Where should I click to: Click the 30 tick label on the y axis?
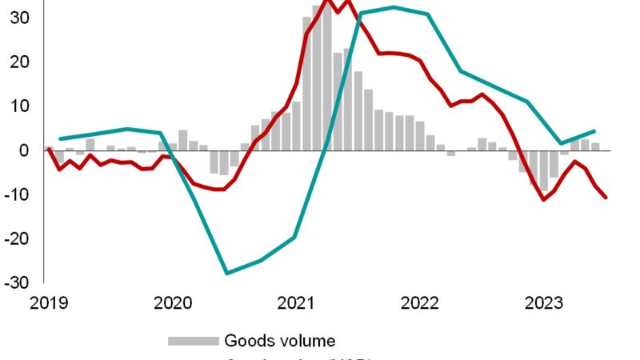[x=18, y=17]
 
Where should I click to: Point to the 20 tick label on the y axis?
[x=18, y=62]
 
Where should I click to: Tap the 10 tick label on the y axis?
[x=18, y=106]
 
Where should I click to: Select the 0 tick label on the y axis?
[x=24, y=150]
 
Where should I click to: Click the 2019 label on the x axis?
[x=47, y=302]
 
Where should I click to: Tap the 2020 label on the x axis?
[x=172, y=302]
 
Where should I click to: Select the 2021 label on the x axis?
[x=296, y=302]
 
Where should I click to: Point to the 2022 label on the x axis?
[x=420, y=302]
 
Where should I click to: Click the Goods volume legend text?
[x=279, y=341]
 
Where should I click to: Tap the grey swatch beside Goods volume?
[x=192, y=341]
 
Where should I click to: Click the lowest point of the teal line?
[x=227, y=274]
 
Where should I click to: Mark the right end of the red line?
[x=606, y=197]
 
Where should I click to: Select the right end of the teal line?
[x=594, y=131]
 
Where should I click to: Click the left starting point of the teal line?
[x=59, y=139]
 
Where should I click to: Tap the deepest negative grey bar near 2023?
[x=543, y=170]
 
